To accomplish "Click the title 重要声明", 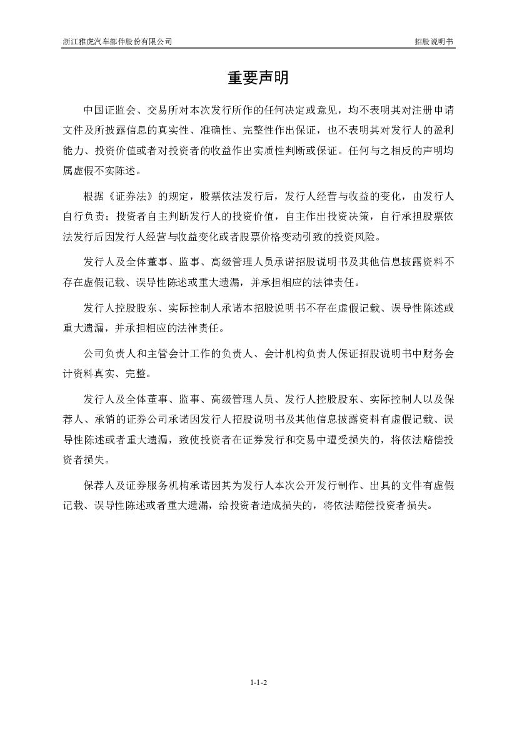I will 258,78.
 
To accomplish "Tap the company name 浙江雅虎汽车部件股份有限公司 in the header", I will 118,42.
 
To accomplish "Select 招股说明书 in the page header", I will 434,42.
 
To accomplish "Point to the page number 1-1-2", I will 258,683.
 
